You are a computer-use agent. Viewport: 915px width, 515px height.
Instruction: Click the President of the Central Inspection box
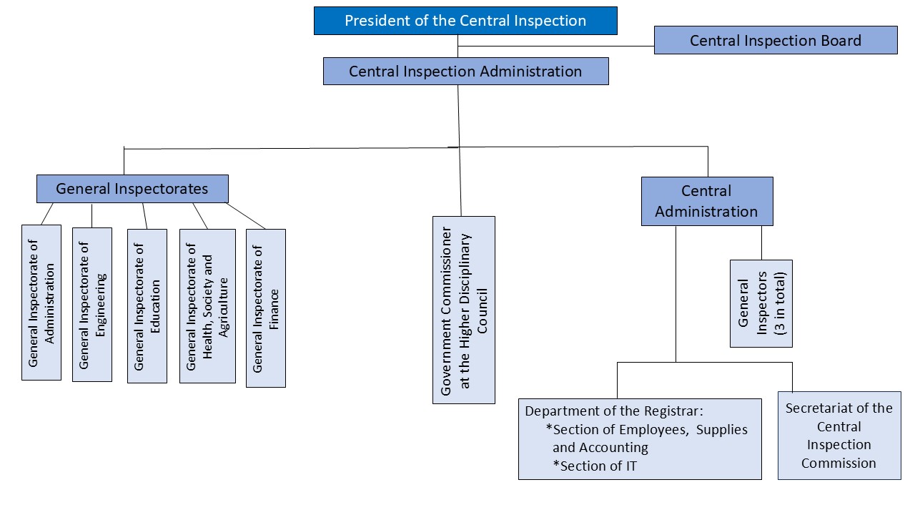(465, 21)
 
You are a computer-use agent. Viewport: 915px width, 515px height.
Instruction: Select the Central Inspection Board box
(775, 40)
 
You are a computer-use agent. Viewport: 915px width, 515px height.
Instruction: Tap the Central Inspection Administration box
(465, 72)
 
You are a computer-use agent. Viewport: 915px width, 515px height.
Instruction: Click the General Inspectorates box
(132, 189)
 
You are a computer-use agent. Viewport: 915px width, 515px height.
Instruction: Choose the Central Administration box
(706, 201)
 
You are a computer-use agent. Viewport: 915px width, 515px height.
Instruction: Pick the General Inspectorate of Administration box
(41, 302)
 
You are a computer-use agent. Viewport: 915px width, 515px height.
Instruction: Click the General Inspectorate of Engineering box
(92, 305)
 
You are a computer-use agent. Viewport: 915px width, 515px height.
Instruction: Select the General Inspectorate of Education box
(147, 306)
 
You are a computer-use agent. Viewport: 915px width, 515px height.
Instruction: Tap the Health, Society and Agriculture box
(207, 306)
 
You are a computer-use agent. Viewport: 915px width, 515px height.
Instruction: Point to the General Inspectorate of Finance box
(265, 308)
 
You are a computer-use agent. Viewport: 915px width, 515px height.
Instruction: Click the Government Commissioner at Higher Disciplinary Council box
(463, 310)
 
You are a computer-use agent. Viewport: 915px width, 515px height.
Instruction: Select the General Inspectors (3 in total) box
(761, 303)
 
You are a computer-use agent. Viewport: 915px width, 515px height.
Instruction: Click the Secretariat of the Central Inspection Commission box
(839, 436)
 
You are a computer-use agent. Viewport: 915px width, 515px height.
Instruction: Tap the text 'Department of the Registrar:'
(615, 412)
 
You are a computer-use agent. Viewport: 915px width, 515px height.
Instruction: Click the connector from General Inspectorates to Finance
(247, 216)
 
